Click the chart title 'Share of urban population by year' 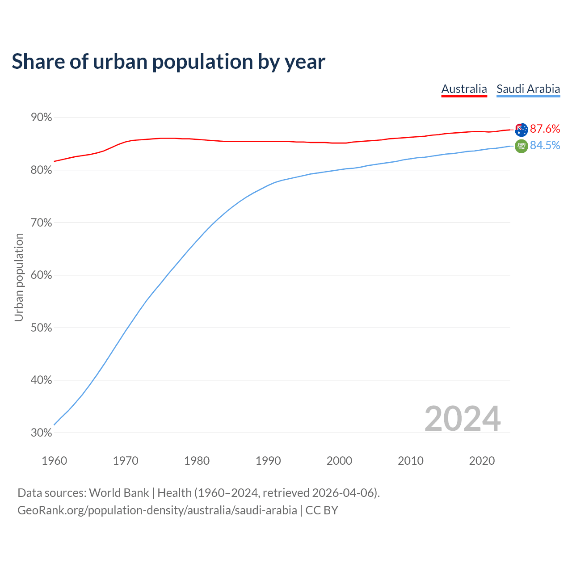(x=168, y=62)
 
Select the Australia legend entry (x=464, y=89)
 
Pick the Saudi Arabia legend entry (x=528, y=89)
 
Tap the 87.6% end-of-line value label (x=545, y=129)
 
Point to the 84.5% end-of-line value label (x=545, y=146)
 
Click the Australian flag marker (x=521, y=130)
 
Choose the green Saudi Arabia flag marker (x=521, y=146)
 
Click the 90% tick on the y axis (x=42, y=118)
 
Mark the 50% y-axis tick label (x=42, y=328)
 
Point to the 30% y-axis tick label (x=42, y=433)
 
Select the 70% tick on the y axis (x=42, y=223)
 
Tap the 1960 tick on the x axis (x=55, y=461)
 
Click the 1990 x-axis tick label (x=268, y=461)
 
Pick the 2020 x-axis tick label (x=482, y=461)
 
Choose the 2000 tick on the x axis (x=340, y=461)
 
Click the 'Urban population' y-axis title (x=19, y=278)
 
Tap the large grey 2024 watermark (x=463, y=419)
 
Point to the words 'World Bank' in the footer (x=119, y=493)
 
